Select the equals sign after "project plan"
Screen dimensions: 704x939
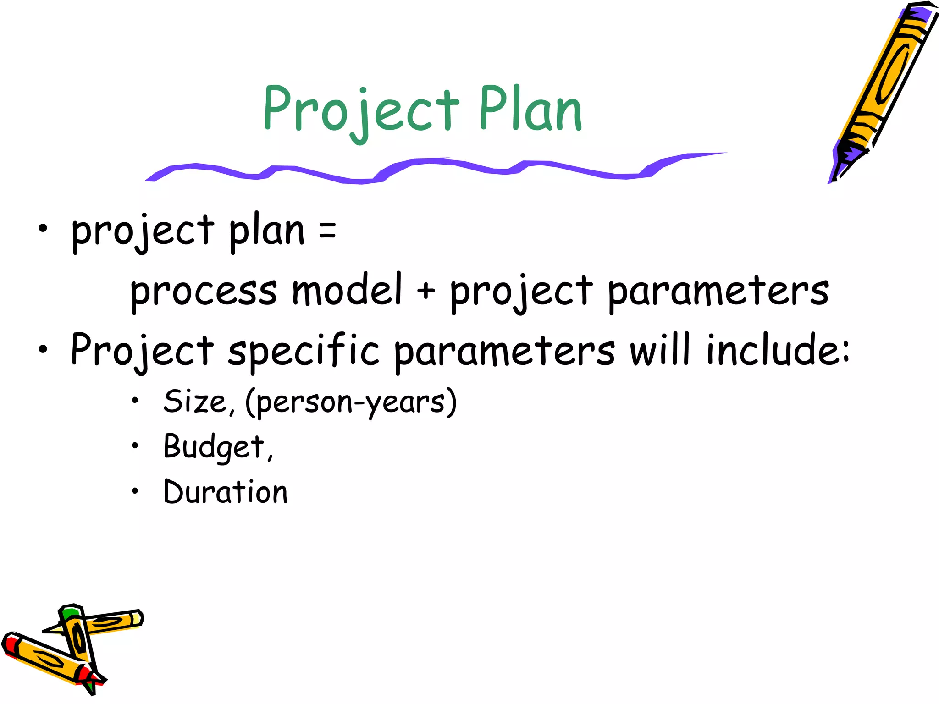point(327,230)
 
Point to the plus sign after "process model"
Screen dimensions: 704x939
point(426,291)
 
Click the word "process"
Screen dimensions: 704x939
point(204,292)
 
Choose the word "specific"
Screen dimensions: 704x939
point(304,351)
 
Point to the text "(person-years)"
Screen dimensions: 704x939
point(351,402)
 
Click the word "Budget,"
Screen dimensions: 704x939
point(218,447)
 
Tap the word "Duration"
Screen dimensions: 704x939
point(226,492)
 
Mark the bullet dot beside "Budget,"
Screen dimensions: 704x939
point(134,445)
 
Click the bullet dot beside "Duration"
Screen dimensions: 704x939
point(134,491)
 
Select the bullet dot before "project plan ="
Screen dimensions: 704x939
point(43,229)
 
